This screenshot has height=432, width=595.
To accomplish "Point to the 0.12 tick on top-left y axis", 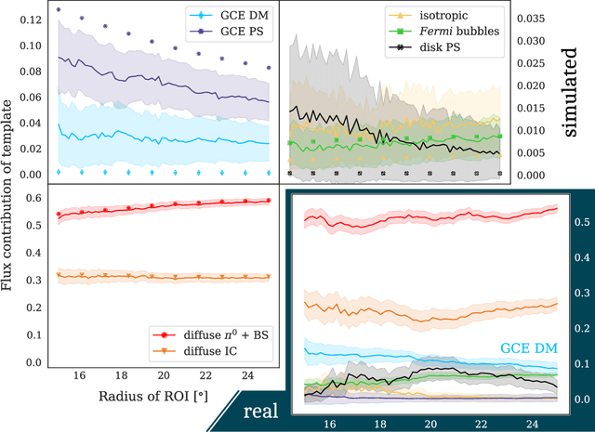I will point(28,20).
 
